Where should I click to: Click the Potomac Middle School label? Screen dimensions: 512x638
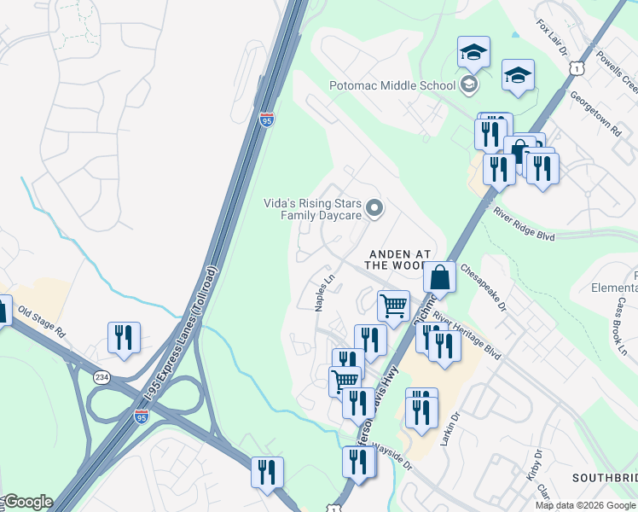[392, 85]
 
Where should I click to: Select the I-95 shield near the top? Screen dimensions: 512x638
[266, 119]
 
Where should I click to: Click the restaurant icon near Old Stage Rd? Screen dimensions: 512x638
[124, 337]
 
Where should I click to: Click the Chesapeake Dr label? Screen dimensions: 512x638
[483, 286]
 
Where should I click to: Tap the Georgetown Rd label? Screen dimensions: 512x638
[594, 114]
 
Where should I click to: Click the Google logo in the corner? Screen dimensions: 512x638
[27, 502]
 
